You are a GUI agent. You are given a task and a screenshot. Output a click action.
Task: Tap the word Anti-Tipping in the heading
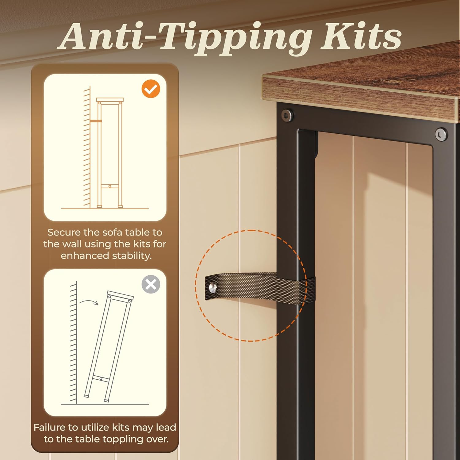184,38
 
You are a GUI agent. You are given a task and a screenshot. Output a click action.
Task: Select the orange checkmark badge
151,89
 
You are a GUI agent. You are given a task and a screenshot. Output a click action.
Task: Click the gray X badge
151,285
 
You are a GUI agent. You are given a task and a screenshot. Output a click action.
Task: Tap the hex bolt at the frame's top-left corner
287,115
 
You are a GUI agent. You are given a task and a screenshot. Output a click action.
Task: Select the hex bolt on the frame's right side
441,134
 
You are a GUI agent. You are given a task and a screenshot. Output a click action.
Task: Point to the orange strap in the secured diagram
96,121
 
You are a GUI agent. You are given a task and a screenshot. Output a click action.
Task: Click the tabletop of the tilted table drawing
120,295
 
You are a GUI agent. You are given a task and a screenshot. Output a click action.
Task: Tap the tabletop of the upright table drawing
110,100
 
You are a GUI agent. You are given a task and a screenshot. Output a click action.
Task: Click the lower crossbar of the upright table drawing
109,186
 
